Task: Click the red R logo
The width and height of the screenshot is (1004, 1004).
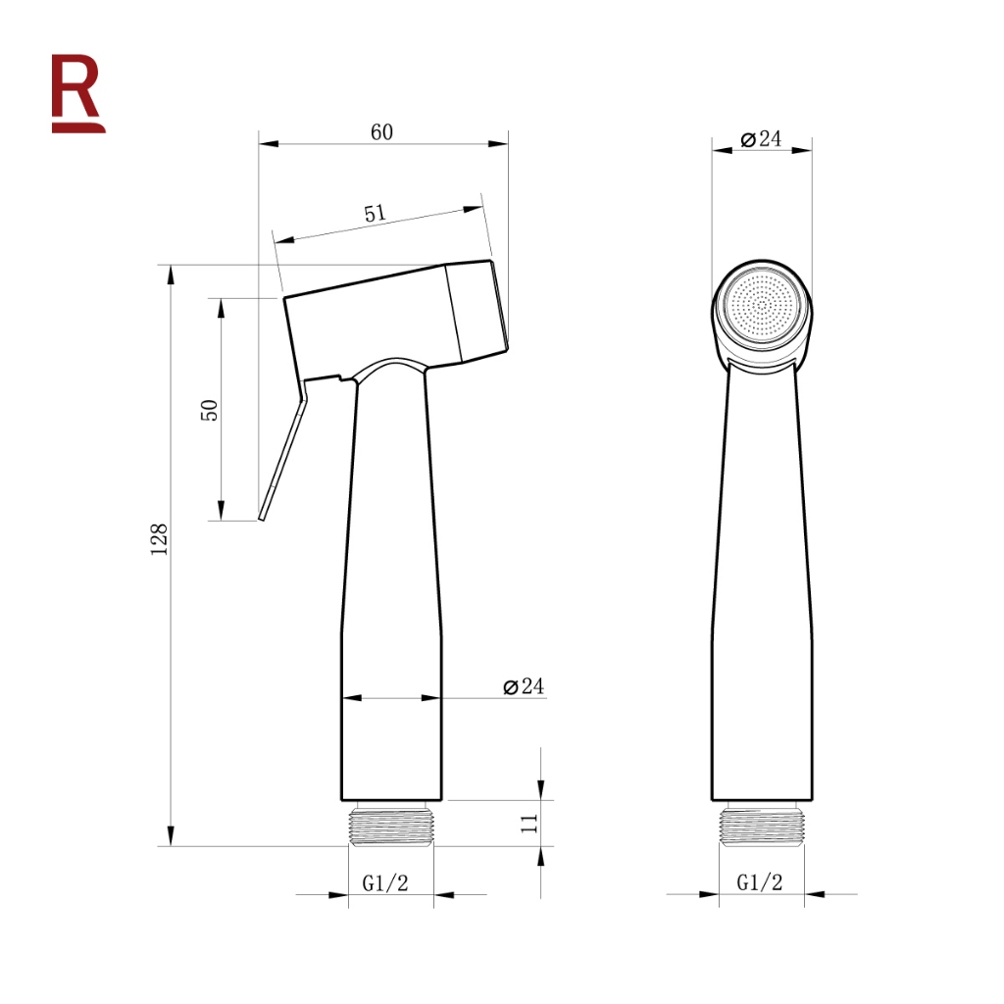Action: pos(77,93)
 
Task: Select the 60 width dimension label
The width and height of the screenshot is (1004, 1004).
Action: pos(381,132)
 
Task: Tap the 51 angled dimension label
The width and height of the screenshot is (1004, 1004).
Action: pos(376,213)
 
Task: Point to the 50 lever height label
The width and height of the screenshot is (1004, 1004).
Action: pos(210,410)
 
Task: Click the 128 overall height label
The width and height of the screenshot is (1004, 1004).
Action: pos(159,539)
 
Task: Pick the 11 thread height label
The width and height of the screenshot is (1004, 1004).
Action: pos(528,824)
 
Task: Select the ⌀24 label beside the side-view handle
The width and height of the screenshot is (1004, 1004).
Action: pos(524,686)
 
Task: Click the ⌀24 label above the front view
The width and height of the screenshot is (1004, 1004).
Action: pos(761,139)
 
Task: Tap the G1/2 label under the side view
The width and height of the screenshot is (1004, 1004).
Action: pos(384,883)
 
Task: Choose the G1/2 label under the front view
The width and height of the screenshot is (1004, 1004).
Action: pos(760,882)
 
